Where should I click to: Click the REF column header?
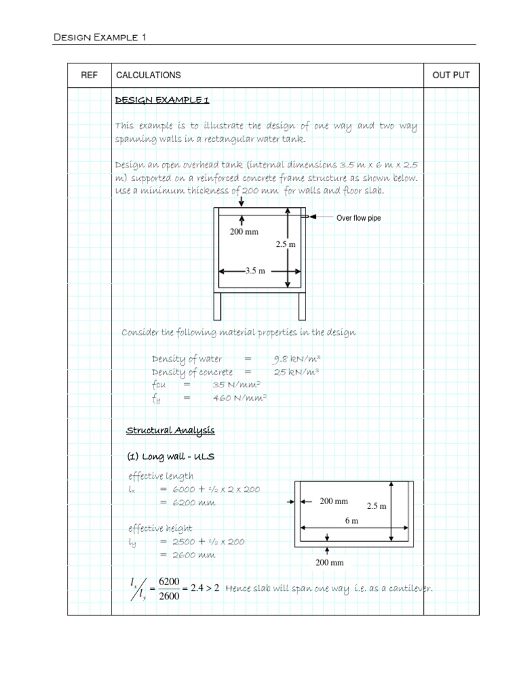(x=89, y=75)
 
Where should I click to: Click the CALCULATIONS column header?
(x=148, y=75)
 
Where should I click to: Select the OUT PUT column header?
(x=451, y=75)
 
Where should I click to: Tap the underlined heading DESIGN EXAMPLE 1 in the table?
(x=162, y=101)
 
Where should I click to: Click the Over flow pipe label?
(x=359, y=218)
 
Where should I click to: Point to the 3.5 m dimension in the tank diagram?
(x=254, y=271)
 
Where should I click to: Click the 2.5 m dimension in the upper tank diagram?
(x=286, y=245)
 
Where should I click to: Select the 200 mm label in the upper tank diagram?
(x=245, y=232)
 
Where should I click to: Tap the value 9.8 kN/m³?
(x=296, y=359)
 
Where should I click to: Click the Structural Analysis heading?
(x=171, y=431)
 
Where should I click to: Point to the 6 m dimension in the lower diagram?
(x=351, y=521)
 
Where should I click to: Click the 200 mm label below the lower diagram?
(x=331, y=562)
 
